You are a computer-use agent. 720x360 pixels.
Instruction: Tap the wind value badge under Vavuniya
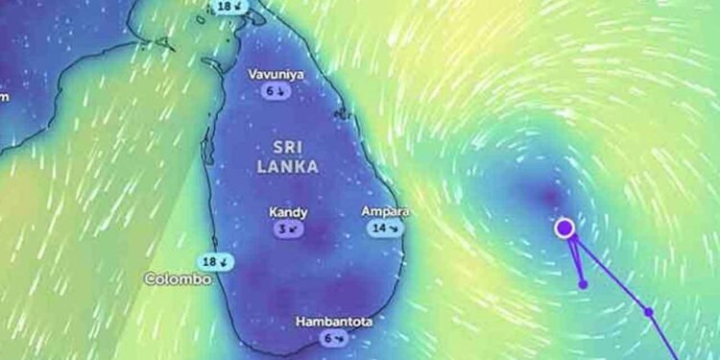coord(276,91)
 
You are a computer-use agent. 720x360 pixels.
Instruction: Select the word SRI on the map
coord(289,147)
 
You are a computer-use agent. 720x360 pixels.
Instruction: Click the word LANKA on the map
coord(288,166)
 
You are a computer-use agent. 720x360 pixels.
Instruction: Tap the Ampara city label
coord(385,211)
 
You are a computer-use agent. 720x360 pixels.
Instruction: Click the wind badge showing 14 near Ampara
coord(384,228)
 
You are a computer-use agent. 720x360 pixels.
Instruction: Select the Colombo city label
coord(177,278)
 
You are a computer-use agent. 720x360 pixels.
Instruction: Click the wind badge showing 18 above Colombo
coord(214,261)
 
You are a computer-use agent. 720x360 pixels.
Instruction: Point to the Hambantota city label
coord(334,321)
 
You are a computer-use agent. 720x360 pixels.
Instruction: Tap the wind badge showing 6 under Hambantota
coord(334,338)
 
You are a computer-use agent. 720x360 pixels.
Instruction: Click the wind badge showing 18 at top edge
coord(230,6)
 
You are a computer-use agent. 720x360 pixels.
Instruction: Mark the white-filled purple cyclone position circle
coord(565,228)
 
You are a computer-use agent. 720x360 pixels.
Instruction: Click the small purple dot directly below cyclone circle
coord(583,284)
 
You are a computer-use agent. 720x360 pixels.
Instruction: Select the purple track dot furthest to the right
coord(649,312)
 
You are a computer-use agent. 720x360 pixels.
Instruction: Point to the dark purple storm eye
coord(550,197)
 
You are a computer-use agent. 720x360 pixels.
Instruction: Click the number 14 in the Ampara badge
coord(378,228)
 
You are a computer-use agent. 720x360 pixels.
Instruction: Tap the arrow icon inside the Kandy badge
coord(295,229)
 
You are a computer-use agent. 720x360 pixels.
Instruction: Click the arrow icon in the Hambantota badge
coord(340,338)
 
